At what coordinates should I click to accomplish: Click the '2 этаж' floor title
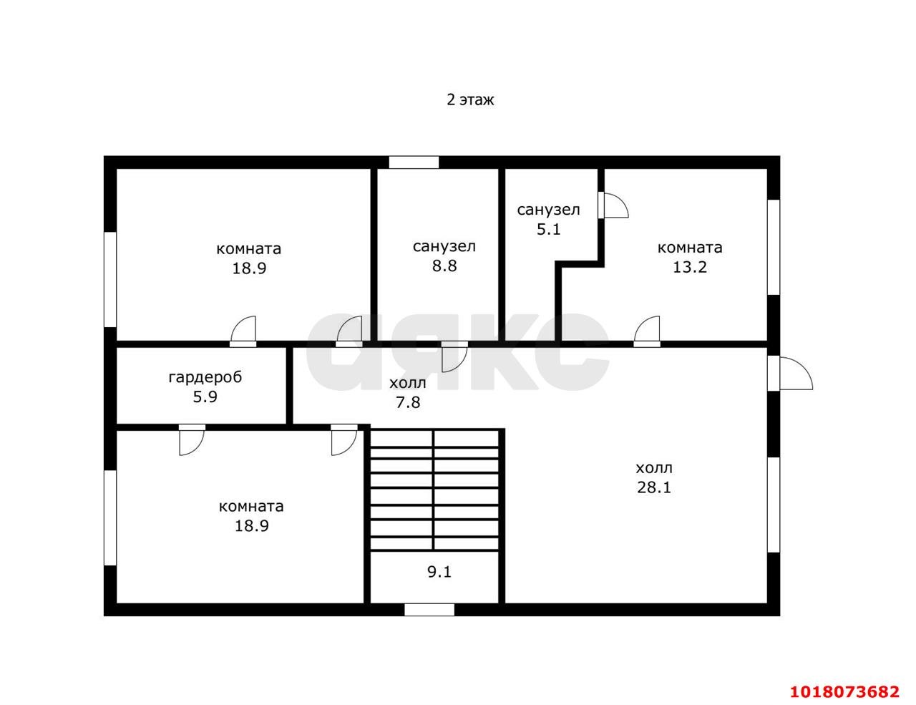coord(470,100)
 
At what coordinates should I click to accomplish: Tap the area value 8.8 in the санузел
coord(444,266)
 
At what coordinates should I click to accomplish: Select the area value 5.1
coord(548,229)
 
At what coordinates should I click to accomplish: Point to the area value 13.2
coord(690,267)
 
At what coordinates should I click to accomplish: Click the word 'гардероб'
coord(205,377)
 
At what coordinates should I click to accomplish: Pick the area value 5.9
coord(205,397)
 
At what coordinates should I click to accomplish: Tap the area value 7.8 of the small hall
coord(408,402)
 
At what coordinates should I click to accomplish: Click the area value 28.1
coord(654,487)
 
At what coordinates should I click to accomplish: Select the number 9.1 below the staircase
coord(439,572)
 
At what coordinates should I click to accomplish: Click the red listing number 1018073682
coord(844,691)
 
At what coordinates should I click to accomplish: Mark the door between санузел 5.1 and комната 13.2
coord(613,205)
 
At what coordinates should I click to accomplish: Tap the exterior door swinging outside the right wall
coord(789,374)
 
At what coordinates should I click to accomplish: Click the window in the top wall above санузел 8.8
coord(414,162)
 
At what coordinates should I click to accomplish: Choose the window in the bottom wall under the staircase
coord(429,609)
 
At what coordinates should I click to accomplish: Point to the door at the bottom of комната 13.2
coord(647,331)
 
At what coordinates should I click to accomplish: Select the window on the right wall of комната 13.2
coord(774,247)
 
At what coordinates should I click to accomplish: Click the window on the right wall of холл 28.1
coord(774,505)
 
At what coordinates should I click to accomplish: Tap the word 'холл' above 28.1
coord(654,468)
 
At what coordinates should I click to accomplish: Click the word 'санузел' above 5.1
coord(548,210)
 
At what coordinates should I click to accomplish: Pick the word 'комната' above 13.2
coord(690,248)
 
